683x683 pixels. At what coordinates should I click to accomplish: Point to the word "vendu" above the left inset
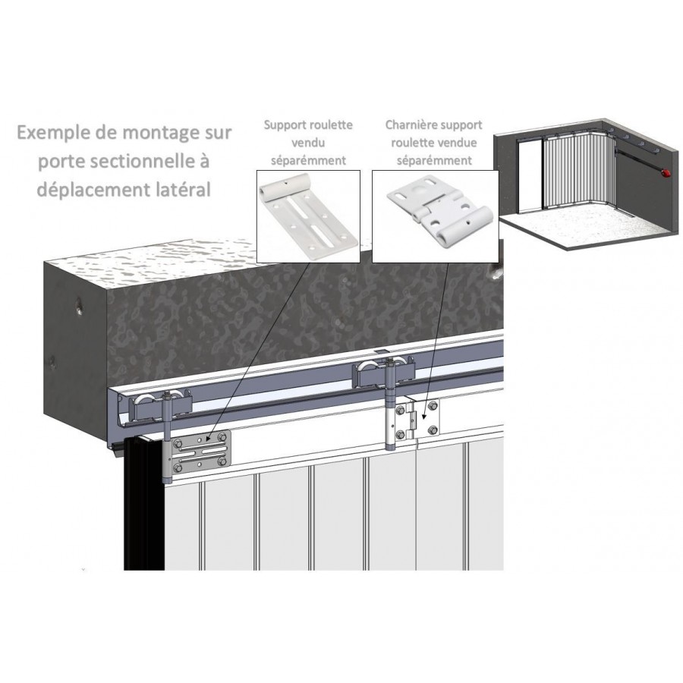tap(308, 143)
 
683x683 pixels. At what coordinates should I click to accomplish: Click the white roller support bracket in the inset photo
tap(308, 216)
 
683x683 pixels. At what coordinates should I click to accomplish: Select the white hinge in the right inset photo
tap(439, 212)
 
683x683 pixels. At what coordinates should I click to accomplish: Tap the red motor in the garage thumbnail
tap(664, 173)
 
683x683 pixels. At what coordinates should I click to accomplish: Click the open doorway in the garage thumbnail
tap(530, 176)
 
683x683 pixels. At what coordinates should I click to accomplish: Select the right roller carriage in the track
tap(383, 372)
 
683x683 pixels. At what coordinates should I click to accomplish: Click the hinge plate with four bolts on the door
tap(417, 420)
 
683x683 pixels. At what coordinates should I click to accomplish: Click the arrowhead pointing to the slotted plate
tap(208, 440)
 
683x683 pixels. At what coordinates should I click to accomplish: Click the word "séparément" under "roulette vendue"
tap(434, 161)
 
